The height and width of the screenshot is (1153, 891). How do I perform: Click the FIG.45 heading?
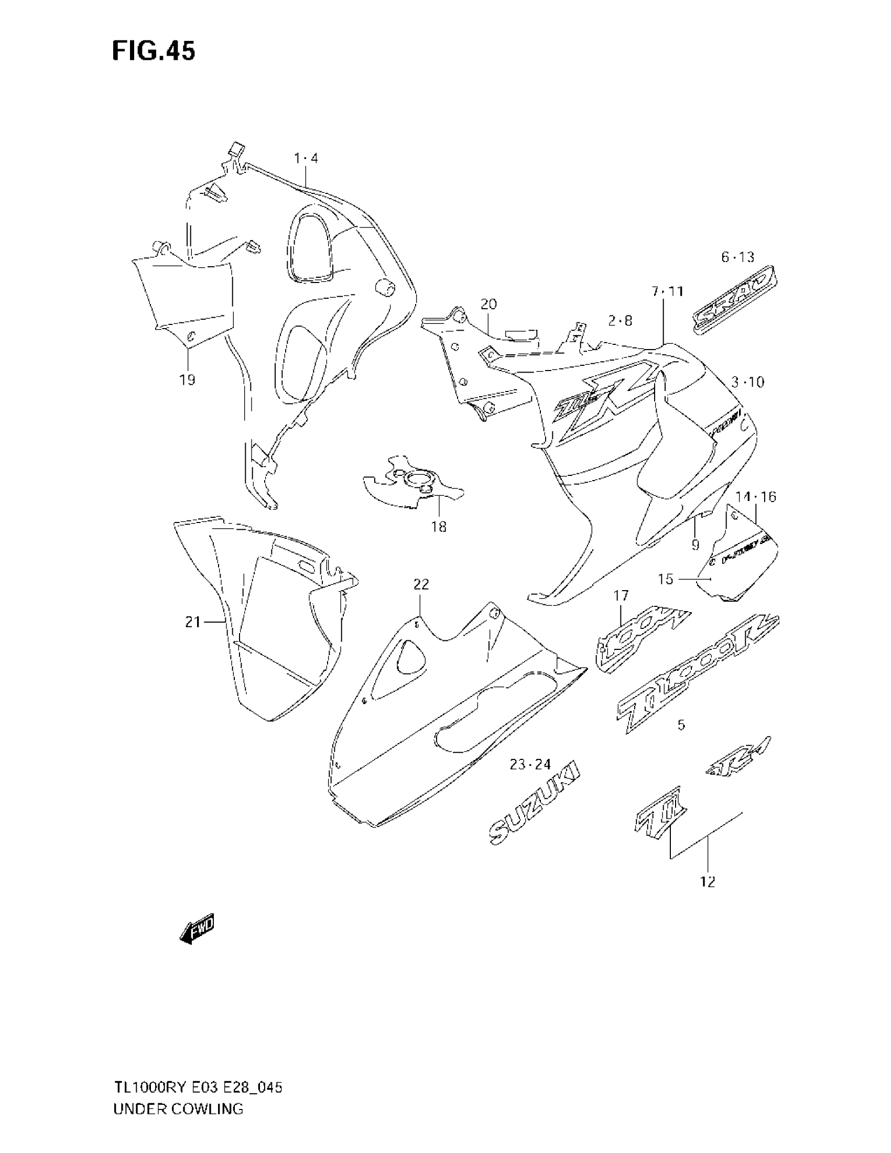tap(154, 51)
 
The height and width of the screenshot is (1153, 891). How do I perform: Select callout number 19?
tap(188, 379)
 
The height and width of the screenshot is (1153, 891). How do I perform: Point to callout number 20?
tap(489, 304)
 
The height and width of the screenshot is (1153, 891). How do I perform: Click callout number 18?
tap(439, 526)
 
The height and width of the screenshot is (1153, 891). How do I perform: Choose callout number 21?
tap(193, 623)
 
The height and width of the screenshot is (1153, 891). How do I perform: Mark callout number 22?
tap(421, 584)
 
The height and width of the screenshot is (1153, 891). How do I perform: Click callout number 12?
tap(708, 881)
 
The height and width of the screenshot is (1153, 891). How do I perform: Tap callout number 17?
tap(621, 596)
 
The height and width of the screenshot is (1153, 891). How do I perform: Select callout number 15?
tap(666, 579)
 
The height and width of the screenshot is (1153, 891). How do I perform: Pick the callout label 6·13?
tap(738, 258)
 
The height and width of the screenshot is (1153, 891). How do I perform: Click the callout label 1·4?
tap(306, 158)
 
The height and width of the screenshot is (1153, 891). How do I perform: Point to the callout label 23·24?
tap(530, 764)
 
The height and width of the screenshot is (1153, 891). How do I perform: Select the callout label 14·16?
tap(756, 496)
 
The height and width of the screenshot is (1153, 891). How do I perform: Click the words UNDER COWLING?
tap(178, 1108)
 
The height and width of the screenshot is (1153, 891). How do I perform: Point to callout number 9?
tap(695, 545)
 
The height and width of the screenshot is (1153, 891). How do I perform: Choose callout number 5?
tap(681, 725)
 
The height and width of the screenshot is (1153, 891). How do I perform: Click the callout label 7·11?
tap(667, 291)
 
